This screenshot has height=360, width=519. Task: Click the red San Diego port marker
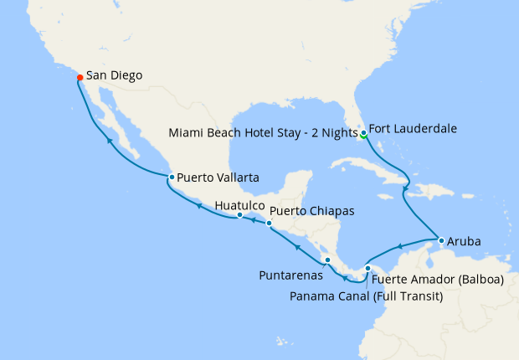point(80,78)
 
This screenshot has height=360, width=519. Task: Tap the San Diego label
point(114,75)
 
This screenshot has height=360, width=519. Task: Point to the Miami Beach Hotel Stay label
point(261,132)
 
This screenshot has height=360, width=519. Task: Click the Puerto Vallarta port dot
point(171,177)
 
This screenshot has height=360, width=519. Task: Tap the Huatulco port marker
point(239,215)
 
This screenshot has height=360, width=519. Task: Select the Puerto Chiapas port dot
point(269,224)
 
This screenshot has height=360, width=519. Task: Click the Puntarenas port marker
point(327,260)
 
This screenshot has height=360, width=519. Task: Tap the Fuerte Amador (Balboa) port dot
point(367,269)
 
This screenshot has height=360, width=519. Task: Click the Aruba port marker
point(441,241)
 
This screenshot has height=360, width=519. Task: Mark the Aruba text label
point(465,241)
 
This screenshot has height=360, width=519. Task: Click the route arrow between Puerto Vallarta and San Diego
point(110,141)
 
